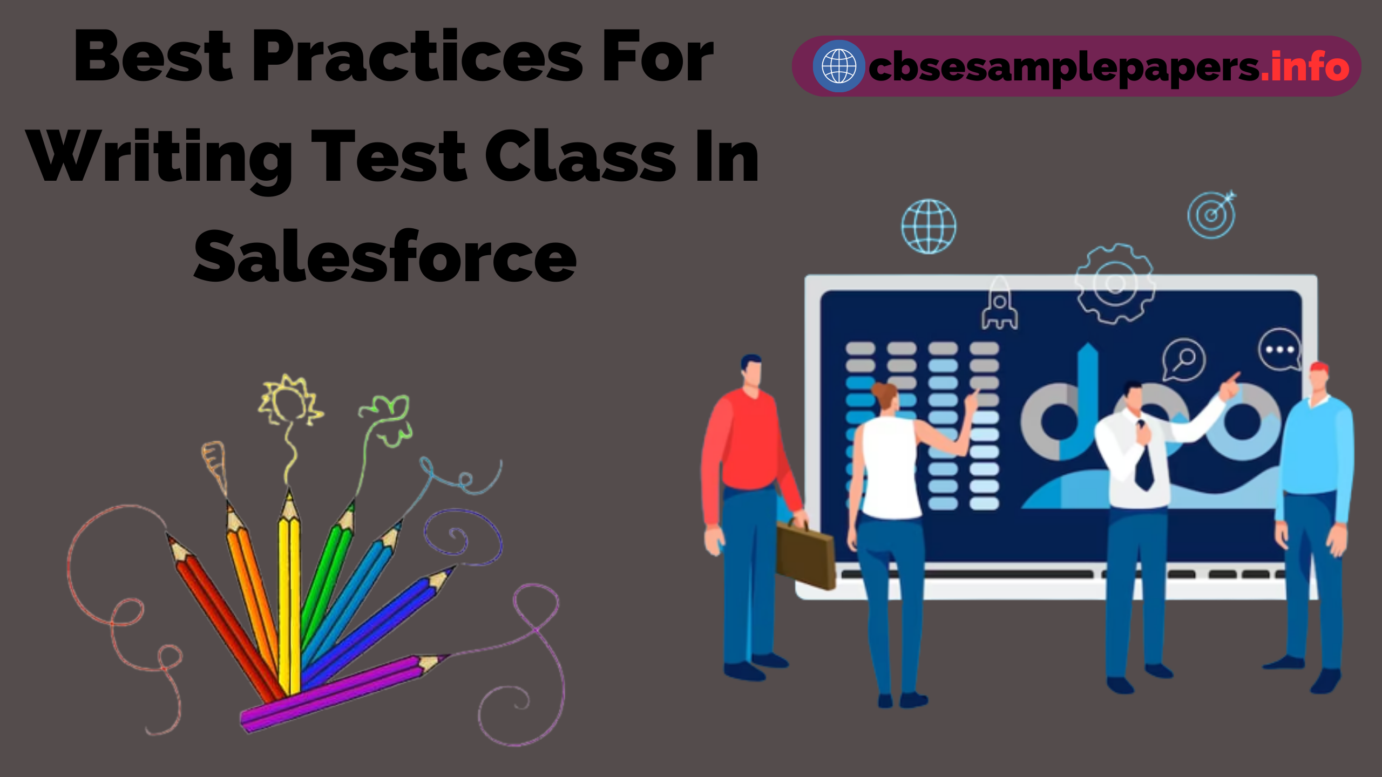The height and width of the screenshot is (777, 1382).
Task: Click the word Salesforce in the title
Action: [x=385, y=257]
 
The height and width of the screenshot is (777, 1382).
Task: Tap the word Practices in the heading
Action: [x=417, y=58]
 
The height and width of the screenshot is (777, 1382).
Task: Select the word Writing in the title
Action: [x=160, y=158]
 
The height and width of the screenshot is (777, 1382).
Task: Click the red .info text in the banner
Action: [x=1305, y=67]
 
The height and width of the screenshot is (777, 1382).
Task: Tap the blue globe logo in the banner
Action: [x=838, y=66]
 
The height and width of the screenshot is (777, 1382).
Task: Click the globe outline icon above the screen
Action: [x=929, y=227]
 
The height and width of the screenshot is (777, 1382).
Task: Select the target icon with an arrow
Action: [x=1212, y=215]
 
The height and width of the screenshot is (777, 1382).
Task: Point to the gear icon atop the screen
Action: [x=1115, y=283]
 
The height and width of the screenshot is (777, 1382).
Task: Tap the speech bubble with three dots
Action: [x=1279, y=350]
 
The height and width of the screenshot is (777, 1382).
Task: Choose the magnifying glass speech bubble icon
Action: [x=1184, y=358]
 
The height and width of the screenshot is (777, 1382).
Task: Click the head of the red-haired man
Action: [x=1318, y=378]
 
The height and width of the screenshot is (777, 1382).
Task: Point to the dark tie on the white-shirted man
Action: [x=1143, y=459]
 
